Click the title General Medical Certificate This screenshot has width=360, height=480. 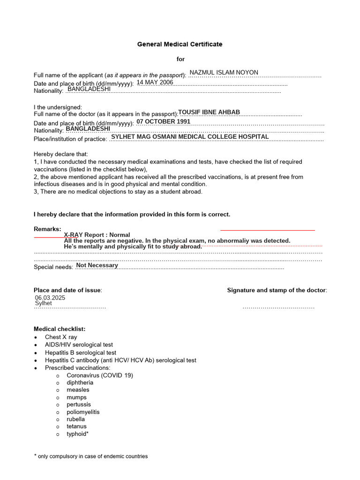[180, 44]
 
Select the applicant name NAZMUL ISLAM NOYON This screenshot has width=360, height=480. [224, 73]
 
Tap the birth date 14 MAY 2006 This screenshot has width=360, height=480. [155, 82]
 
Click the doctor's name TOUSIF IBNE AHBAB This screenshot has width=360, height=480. [209, 112]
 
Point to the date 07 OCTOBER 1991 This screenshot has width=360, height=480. [163, 121]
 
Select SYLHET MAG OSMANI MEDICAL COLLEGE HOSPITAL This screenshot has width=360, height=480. [190, 137]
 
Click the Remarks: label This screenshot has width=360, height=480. [47, 229]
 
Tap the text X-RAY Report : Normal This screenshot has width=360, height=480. [97, 235]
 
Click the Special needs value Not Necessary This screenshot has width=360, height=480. [97, 265]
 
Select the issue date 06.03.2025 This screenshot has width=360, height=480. [50, 298]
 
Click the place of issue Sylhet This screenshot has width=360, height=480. [44, 303]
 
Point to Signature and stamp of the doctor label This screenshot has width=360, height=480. [277, 290]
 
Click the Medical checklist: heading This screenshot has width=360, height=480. [60, 329]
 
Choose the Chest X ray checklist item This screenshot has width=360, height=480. [61, 337]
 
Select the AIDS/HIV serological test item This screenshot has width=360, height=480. [79, 345]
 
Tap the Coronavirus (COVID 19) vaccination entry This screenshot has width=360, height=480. [100, 375]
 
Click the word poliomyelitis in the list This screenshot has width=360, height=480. [83, 412]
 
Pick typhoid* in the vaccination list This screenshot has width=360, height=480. [77, 434]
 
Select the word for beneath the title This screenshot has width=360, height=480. [180, 59]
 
